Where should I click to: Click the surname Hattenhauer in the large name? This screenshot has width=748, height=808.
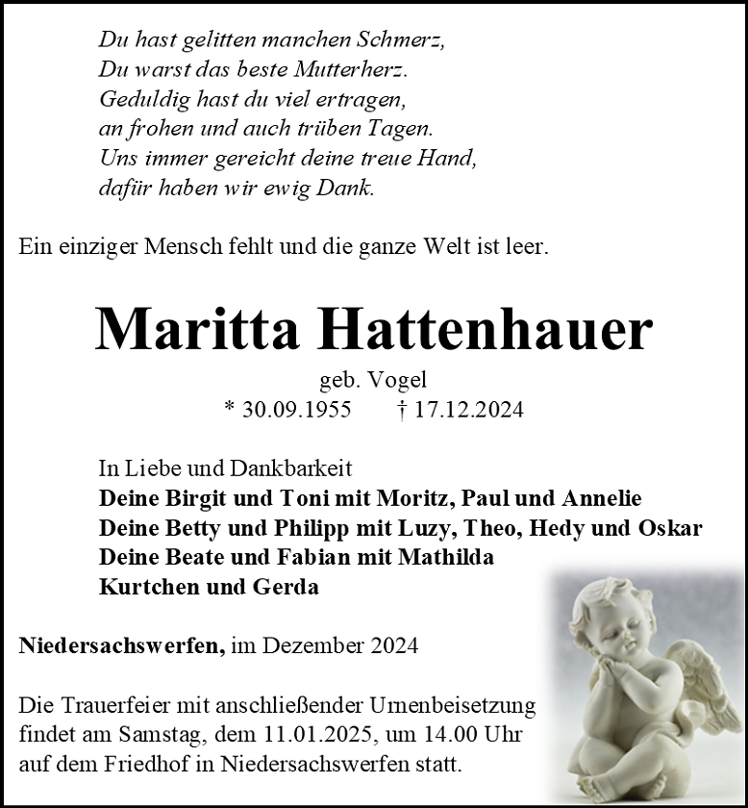point(486,330)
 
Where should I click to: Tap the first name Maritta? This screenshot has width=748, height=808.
point(199,330)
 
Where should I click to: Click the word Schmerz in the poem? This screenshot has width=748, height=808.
point(395,40)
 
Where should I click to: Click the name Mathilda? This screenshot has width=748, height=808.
point(446,557)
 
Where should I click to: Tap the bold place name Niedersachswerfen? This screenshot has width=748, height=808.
point(121,645)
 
